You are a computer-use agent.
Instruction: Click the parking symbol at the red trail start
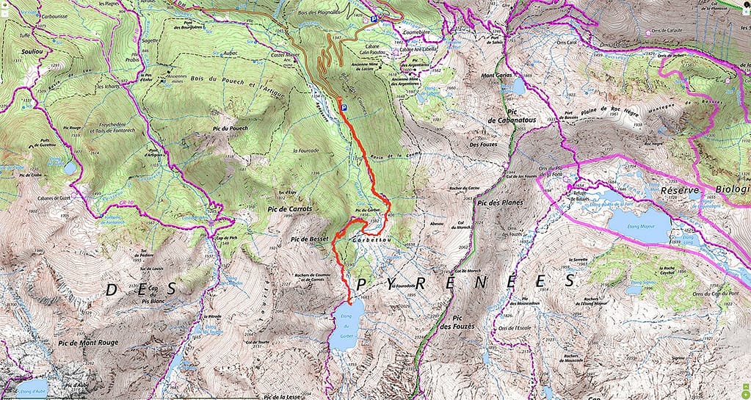pyautogui.click(x=342, y=107)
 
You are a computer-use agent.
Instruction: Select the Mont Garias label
pyautogui.click(x=496, y=76)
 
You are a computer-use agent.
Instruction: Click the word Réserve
pyautogui.click(x=683, y=189)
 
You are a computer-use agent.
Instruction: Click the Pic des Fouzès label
pyautogui.click(x=456, y=320)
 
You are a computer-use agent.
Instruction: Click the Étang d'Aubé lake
pyautogui.click(x=31, y=387)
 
